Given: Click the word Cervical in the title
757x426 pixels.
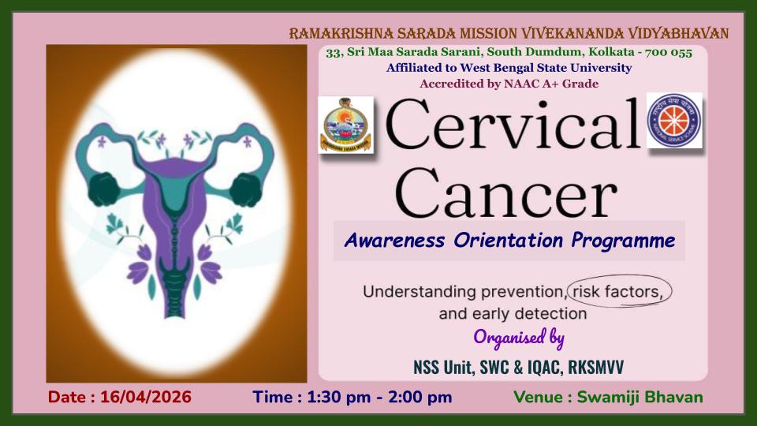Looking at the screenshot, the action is tap(513, 124).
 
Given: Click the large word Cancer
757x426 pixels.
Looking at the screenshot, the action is tap(506, 193).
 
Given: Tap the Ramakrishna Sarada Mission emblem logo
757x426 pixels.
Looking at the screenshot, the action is tap(345, 125).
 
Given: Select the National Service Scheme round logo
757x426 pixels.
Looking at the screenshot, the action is tap(674, 121).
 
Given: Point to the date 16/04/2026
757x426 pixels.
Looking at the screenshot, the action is tap(146, 397).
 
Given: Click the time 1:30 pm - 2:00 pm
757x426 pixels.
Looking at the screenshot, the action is tap(379, 397).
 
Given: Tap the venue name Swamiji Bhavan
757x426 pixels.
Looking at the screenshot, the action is tap(640, 397).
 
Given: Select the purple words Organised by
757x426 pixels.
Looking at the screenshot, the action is tap(519, 337).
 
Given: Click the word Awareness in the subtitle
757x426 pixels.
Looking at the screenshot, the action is tap(394, 240).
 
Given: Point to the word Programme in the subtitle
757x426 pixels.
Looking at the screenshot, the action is tap(623, 241).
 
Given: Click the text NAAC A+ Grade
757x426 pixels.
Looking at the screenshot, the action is tap(551, 84).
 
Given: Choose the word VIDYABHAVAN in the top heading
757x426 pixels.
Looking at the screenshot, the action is tap(678, 33).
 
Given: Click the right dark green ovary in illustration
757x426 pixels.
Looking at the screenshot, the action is tap(246, 189).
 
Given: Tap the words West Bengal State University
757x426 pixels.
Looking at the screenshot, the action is tap(546, 68).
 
